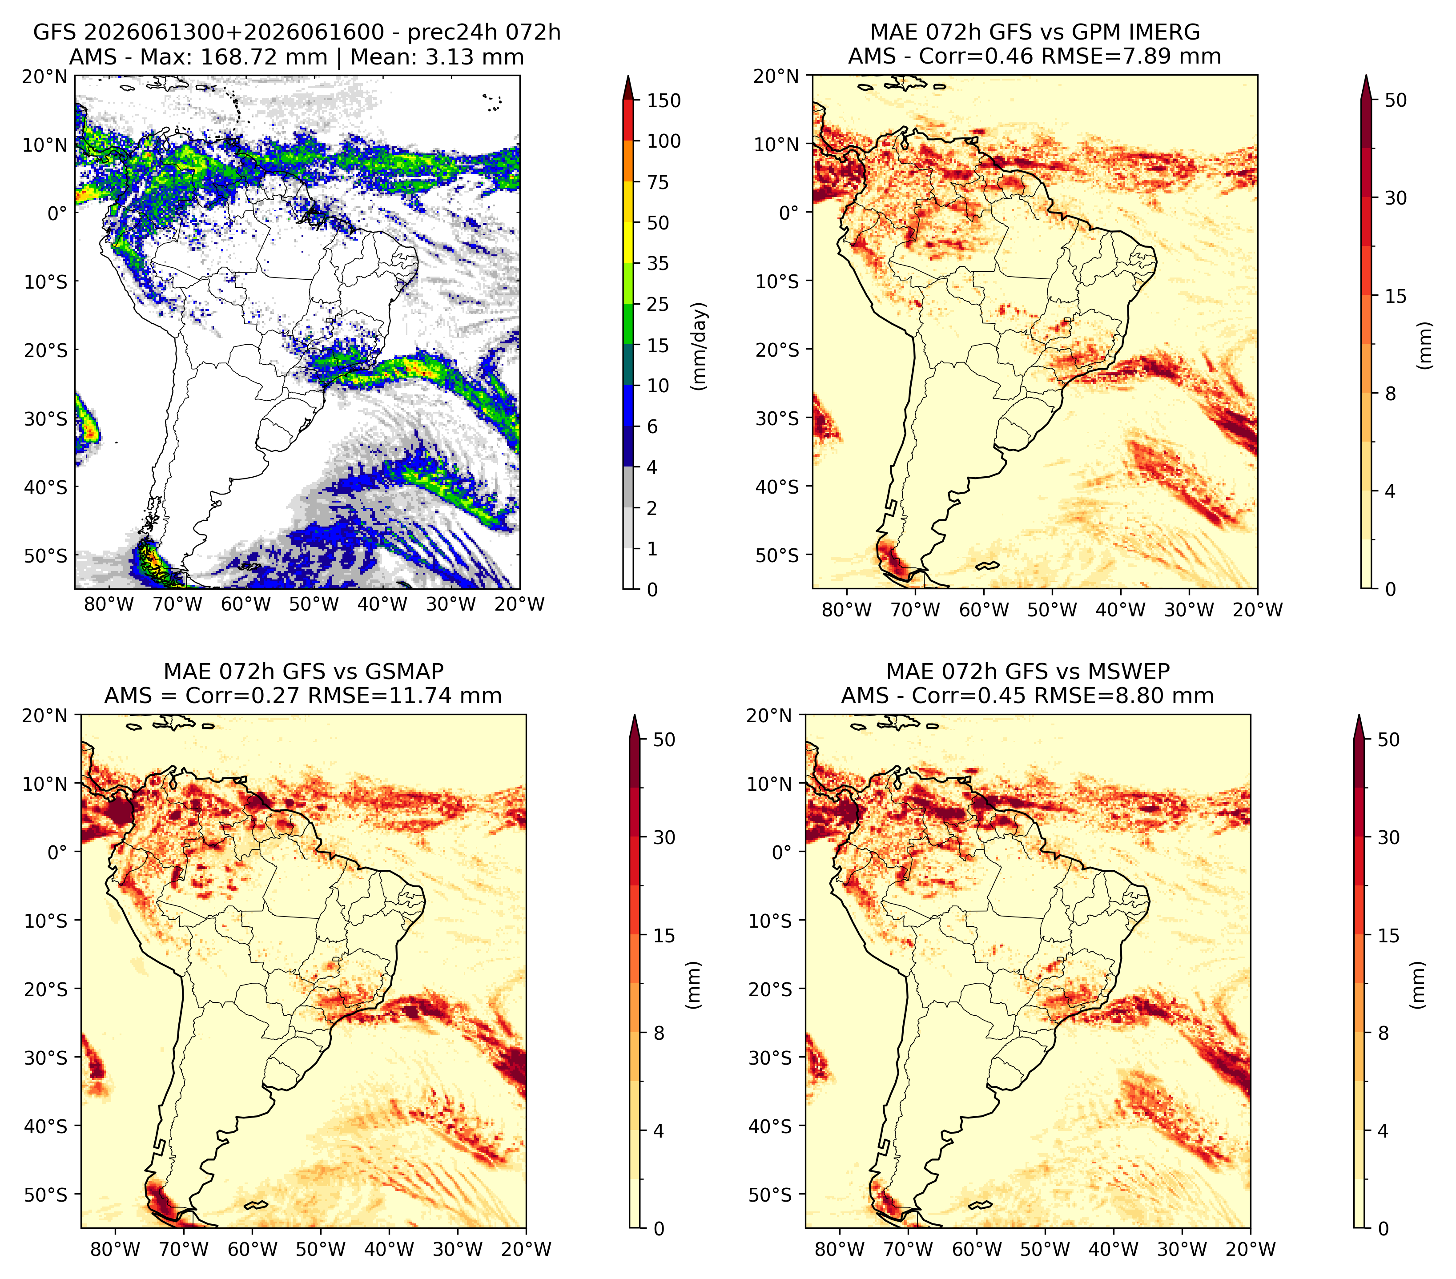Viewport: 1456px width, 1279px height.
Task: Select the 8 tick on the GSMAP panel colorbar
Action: point(659,1033)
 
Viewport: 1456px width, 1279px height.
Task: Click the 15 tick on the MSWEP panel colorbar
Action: point(1388,935)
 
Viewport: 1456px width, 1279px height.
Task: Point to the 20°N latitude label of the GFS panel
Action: point(44,76)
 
